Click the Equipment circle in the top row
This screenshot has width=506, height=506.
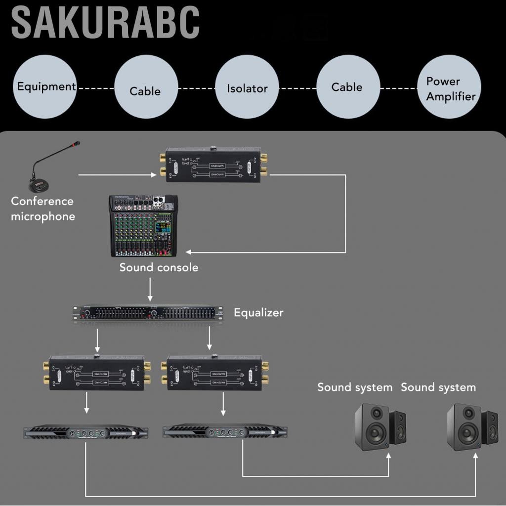click(46, 87)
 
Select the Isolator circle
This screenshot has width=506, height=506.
click(247, 87)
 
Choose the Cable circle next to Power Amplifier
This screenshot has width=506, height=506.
click(347, 87)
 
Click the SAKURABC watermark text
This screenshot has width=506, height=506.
click(105, 22)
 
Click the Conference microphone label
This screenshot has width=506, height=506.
click(42, 209)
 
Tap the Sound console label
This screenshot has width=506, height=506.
click(159, 267)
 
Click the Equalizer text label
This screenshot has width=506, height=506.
click(258, 312)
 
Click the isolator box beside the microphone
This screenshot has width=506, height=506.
click(213, 165)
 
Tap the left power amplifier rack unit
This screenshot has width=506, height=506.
click(86, 432)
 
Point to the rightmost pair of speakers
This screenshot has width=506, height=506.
click(472, 426)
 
